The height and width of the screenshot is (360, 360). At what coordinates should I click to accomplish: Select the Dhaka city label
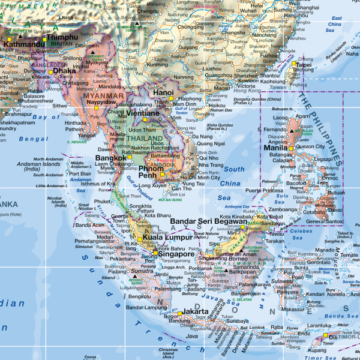[64, 70]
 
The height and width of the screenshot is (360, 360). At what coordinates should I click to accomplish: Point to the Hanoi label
[163, 92]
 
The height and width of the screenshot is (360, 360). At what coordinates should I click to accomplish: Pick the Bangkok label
[110, 159]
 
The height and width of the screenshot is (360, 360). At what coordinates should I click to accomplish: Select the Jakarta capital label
[196, 311]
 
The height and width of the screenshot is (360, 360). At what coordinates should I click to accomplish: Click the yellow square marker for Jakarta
[179, 313]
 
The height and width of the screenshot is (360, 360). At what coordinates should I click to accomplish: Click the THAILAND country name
[140, 139]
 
